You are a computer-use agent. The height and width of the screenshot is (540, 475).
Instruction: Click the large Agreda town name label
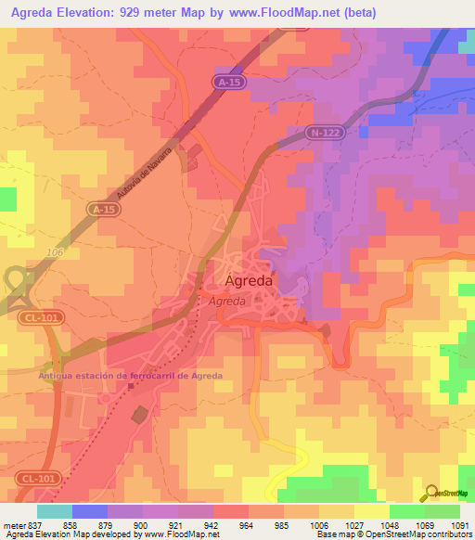tap(249, 280)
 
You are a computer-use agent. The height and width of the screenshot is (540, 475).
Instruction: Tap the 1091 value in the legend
tap(460, 524)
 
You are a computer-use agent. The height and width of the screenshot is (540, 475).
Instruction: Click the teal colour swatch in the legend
tap(55, 511)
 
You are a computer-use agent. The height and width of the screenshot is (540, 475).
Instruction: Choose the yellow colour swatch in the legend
tap(371, 511)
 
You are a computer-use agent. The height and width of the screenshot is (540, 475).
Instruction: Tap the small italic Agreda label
tap(226, 302)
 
